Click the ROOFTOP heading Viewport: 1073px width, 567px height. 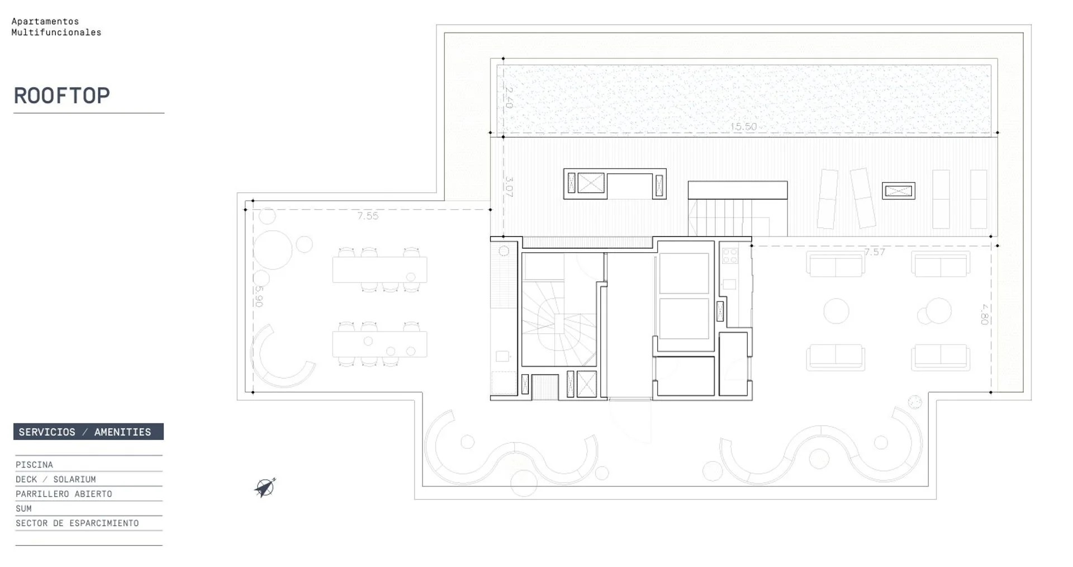click(x=61, y=96)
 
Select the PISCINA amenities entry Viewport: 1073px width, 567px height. click(x=34, y=465)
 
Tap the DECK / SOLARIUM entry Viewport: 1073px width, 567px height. click(x=56, y=479)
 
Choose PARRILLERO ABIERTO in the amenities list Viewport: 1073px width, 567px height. click(x=64, y=494)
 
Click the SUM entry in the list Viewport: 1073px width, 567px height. click(x=23, y=508)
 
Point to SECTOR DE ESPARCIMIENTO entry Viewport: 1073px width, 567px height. click(x=77, y=523)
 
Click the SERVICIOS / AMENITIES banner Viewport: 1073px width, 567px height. click(x=88, y=432)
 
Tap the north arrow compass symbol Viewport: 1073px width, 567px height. click(x=265, y=488)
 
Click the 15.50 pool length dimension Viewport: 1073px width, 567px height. click(x=743, y=127)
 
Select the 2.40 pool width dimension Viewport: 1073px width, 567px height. click(x=509, y=97)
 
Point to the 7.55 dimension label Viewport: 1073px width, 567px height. click(x=368, y=216)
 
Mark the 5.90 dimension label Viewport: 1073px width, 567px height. click(x=258, y=296)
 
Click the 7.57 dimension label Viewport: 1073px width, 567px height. click(x=875, y=252)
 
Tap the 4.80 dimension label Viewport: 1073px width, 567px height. click(x=985, y=314)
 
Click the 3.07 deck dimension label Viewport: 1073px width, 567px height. click(x=509, y=187)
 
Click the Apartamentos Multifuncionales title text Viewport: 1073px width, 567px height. click(x=56, y=27)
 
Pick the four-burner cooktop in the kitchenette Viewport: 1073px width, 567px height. click(x=730, y=256)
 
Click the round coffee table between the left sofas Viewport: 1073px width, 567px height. click(x=836, y=311)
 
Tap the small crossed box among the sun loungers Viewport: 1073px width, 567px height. click(x=899, y=191)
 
